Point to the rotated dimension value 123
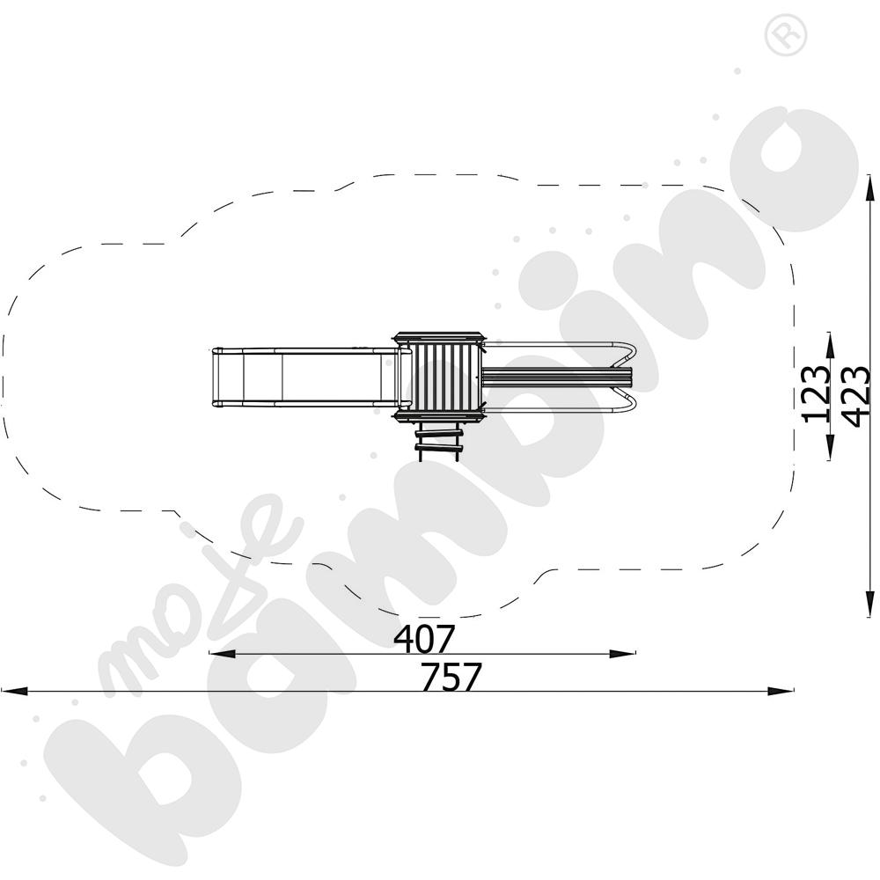[x=816, y=394]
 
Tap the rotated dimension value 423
[x=856, y=396]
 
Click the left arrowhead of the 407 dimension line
[x=222, y=654]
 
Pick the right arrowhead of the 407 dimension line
[x=622, y=654]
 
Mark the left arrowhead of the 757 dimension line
[x=14, y=691]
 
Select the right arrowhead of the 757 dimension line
[x=781, y=691]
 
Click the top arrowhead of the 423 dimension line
[x=870, y=187]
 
